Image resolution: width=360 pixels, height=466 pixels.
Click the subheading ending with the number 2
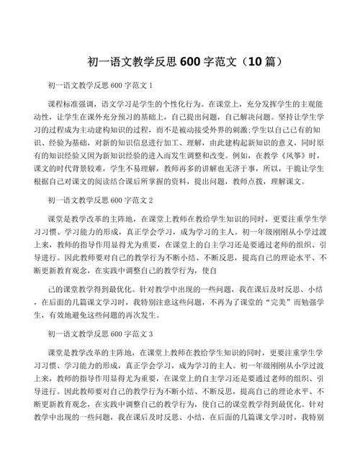click(104, 200)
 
